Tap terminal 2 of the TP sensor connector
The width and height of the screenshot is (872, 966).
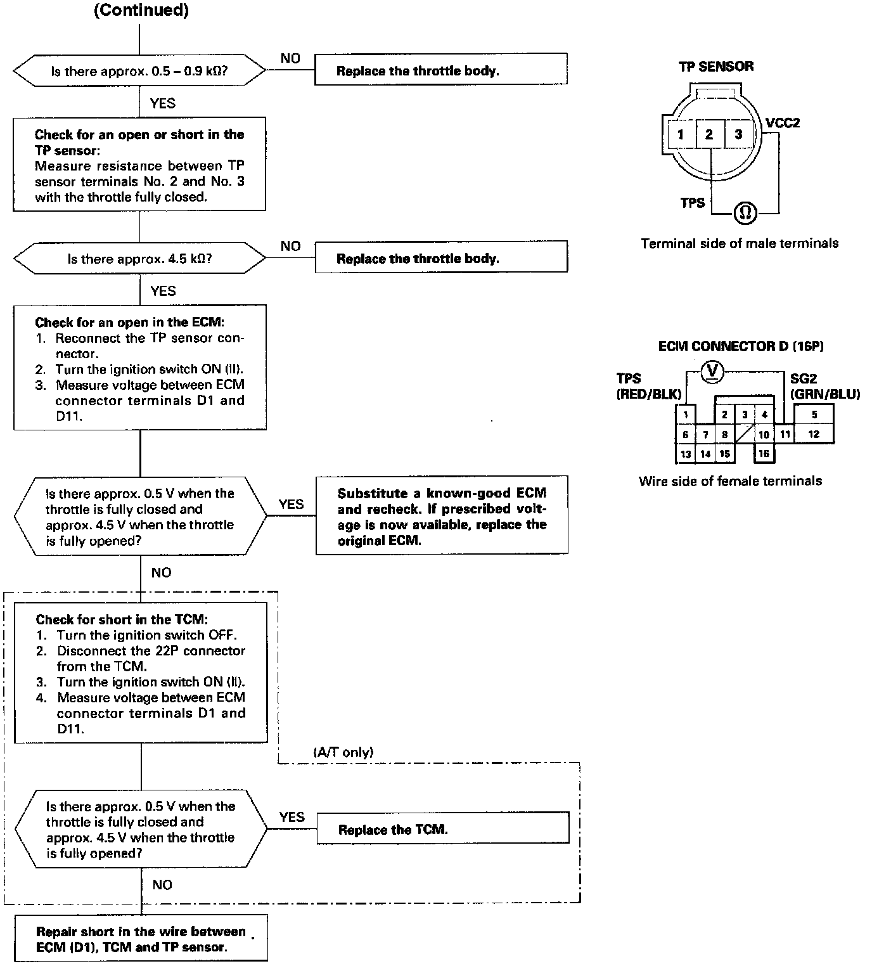(x=709, y=134)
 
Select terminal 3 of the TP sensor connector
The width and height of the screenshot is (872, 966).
(x=738, y=134)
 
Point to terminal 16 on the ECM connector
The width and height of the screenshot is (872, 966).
(x=764, y=453)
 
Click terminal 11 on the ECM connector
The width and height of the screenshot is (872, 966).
(x=785, y=434)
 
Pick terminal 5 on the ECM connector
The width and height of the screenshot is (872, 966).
(x=814, y=415)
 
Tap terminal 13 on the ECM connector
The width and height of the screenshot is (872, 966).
(x=685, y=454)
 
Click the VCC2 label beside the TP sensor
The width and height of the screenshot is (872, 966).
(x=783, y=123)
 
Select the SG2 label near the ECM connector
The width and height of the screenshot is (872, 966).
(x=803, y=378)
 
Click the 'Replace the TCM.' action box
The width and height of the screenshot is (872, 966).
(x=442, y=829)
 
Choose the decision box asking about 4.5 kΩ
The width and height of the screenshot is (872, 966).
(x=139, y=259)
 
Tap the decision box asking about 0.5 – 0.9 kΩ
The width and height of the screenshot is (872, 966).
(x=139, y=71)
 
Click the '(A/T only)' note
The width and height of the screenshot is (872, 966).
(x=343, y=752)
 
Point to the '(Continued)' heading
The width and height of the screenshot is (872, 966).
(x=141, y=11)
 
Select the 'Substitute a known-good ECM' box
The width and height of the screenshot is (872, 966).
(x=442, y=515)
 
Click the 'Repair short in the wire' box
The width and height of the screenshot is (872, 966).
(x=140, y=939)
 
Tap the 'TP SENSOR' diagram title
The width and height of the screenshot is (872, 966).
(x=716, y=67)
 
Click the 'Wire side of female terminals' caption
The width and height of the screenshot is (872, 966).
(x=730, y=481)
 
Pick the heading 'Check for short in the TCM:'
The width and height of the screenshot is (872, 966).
(x=122, y=619)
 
